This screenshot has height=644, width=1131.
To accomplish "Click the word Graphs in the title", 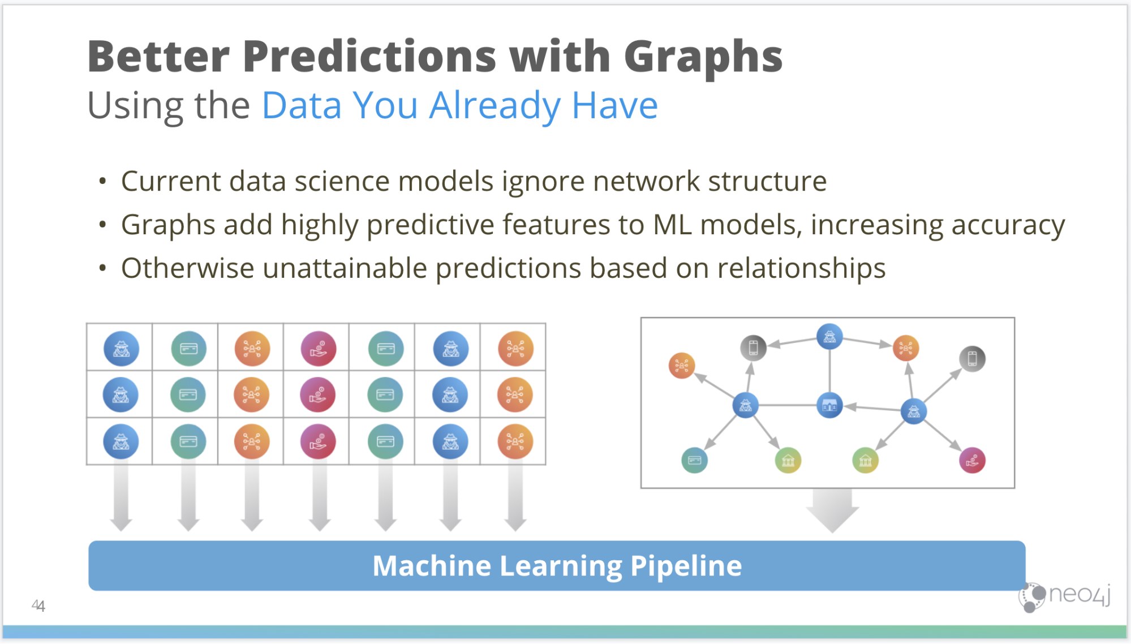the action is click(703, 58).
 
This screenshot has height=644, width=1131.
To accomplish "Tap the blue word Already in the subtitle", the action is click(495, 106).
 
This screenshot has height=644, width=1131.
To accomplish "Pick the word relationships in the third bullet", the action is click(801, 269).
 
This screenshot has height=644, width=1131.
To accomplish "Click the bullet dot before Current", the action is click(102, 182).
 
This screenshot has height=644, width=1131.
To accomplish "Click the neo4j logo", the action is click(1064, 596).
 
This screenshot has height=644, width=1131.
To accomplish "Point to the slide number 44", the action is click(38, 606).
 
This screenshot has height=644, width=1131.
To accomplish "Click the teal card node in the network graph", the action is click(694, 460).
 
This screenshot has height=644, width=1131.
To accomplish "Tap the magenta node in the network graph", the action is click(972, 460).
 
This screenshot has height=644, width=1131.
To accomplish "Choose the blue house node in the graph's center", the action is click(829, 405).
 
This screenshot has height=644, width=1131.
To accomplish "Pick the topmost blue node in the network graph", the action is click(829, 337).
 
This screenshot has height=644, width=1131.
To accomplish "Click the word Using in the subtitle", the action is click(134, 106).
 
